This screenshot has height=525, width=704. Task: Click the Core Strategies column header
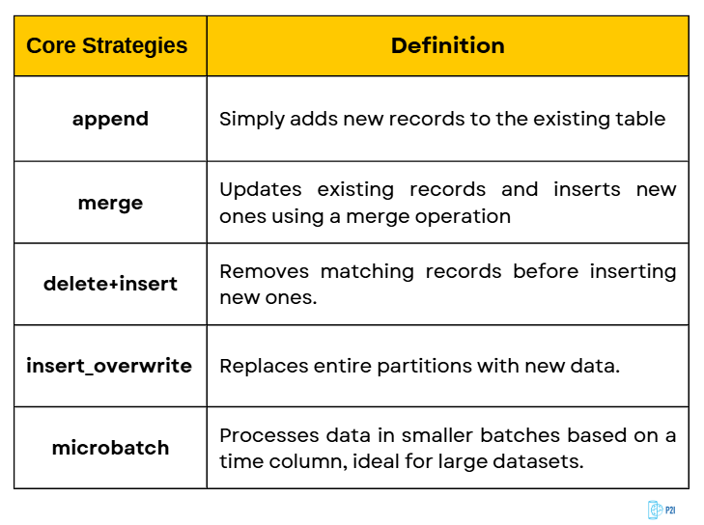pyautogui.click(x=107, y=46)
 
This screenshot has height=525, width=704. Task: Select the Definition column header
pyautogui.click(x=447, y=45)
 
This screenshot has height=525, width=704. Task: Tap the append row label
pyautogui.click(x=110, y=119)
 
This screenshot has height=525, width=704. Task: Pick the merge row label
pyautogui.click(x=110, y=203)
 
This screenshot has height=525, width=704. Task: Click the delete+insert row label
pyautogui.click(x=110, y=284)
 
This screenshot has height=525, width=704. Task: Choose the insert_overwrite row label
pyautogui.click(x=109, y=366)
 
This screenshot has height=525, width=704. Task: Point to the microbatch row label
pyautogui.click(x=110, y=448)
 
